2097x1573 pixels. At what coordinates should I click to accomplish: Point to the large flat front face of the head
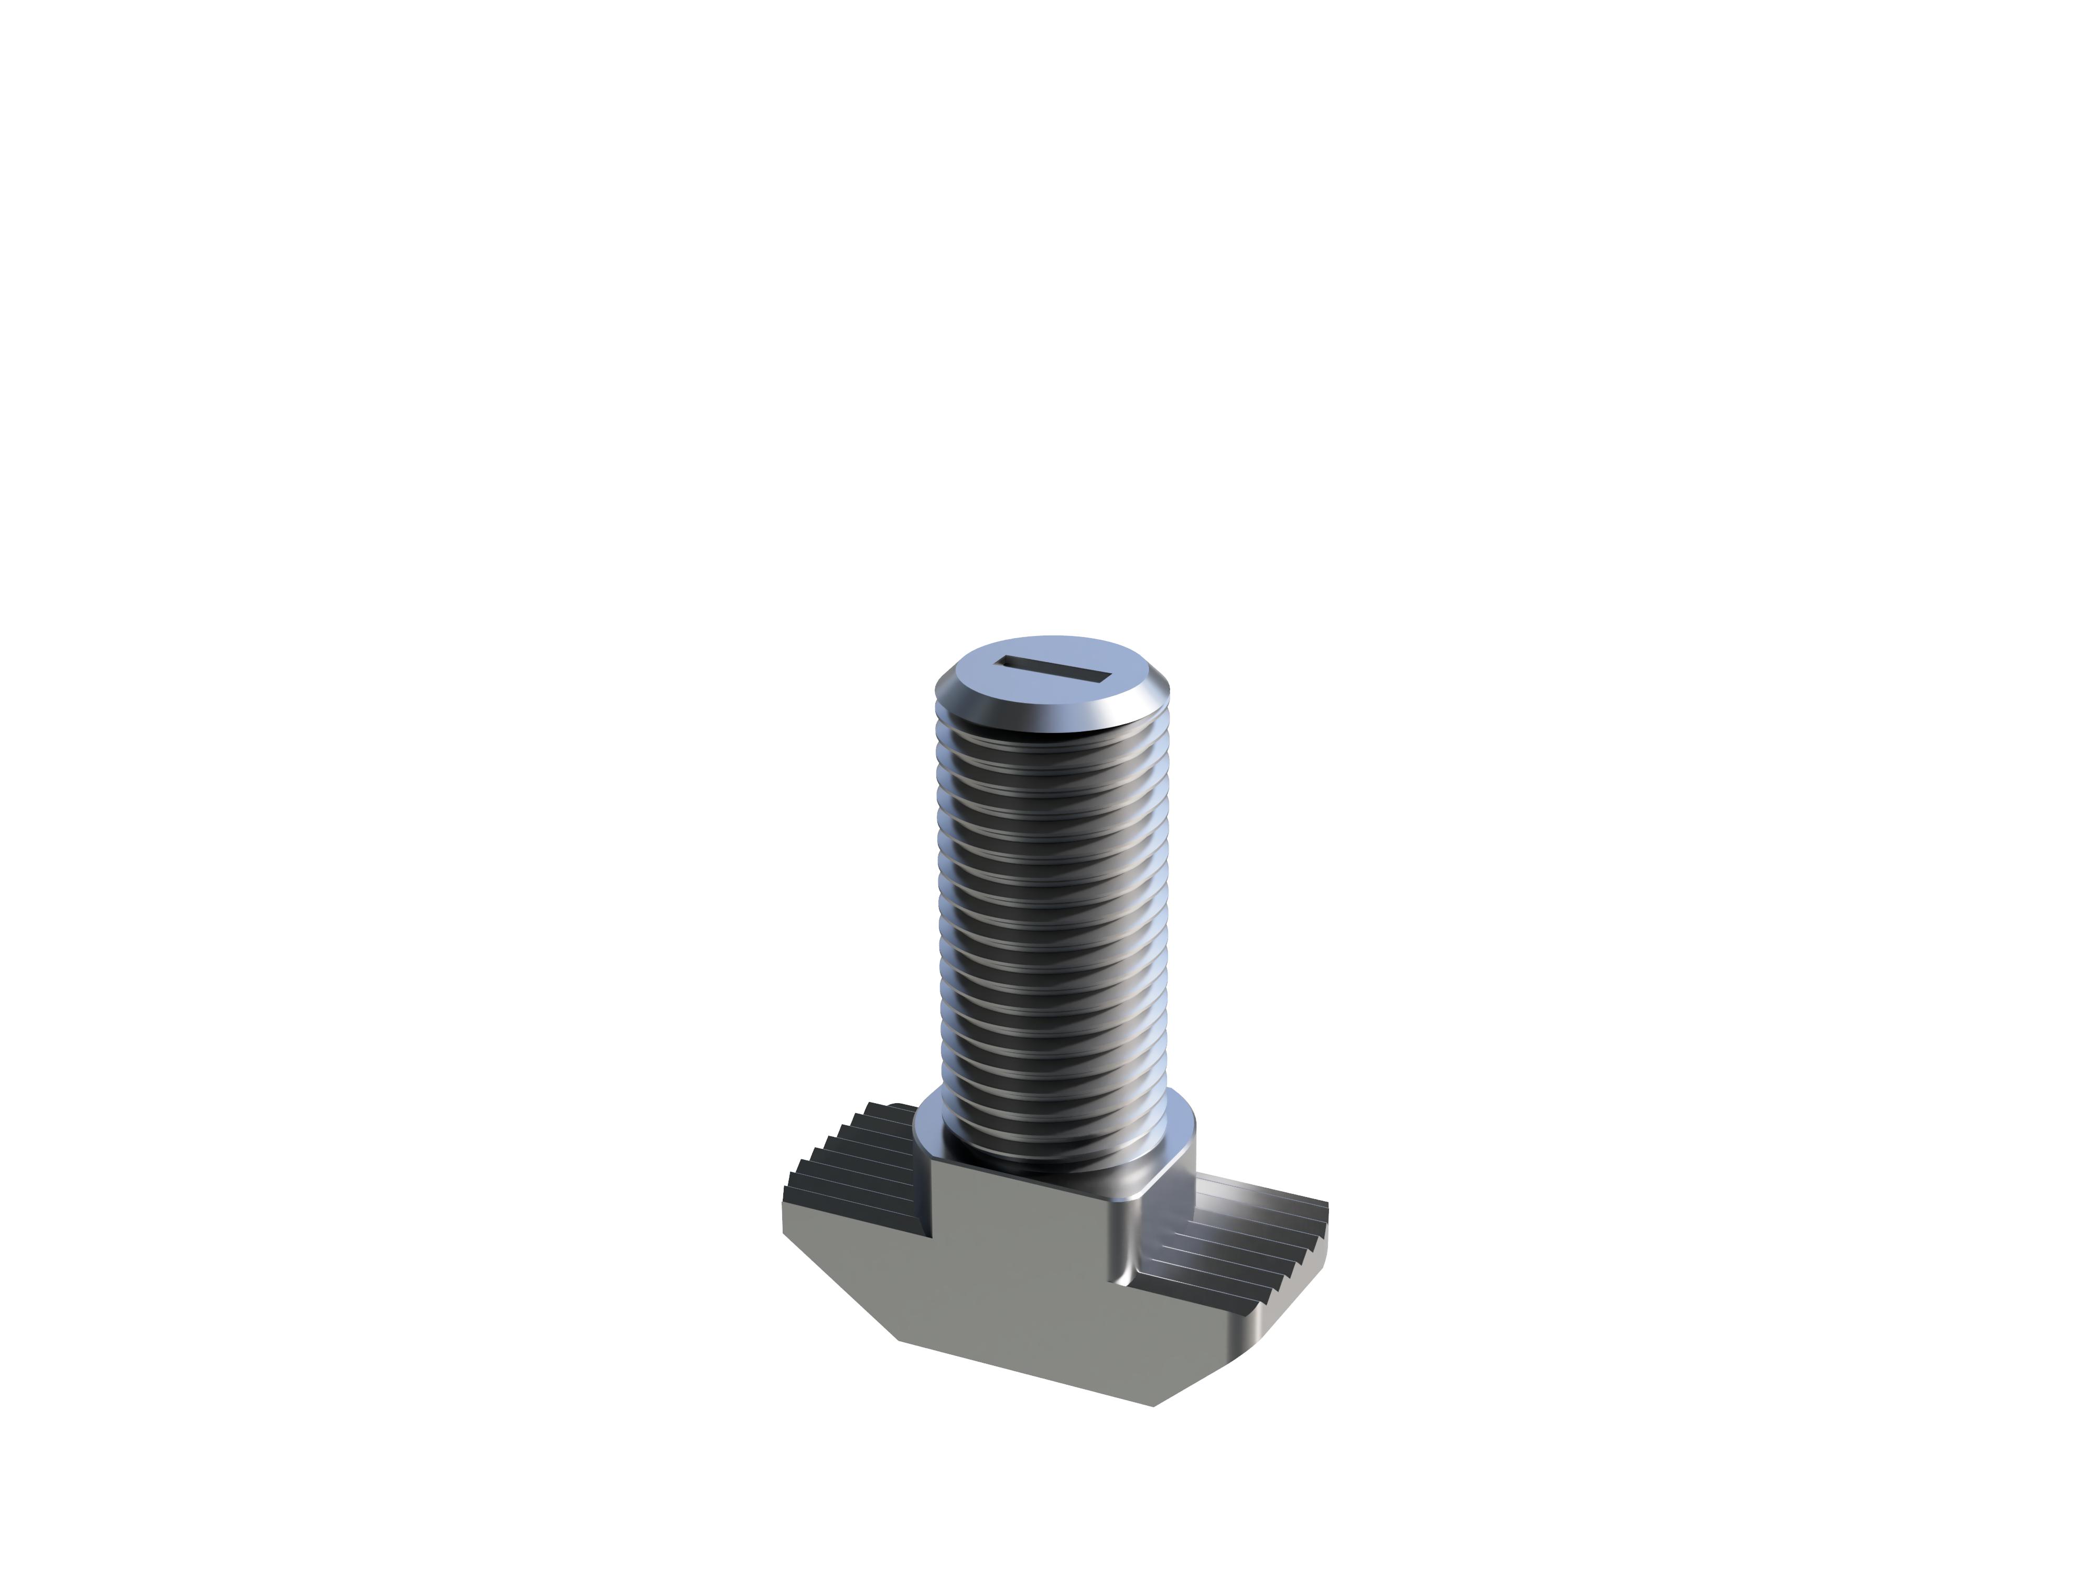click(1024, 1270)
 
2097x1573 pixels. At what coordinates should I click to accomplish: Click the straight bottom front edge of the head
click(1024, 1372)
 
